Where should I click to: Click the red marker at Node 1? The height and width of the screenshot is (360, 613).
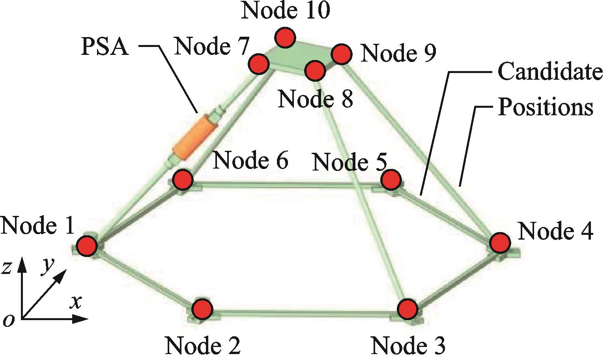(87, 246)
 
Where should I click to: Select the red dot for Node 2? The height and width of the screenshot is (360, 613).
(202, 308)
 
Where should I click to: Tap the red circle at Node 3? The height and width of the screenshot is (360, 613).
(407, 308)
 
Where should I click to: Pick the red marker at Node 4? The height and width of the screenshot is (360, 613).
(500, 242)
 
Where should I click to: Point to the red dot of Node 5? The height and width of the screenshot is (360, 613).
(391, 180)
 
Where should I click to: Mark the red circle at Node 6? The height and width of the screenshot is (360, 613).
(183, 180)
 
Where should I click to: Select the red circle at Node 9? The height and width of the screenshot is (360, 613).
(341, 54)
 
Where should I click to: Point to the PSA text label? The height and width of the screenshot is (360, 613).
(105, 47)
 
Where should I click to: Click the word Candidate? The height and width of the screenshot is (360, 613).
(550, 72)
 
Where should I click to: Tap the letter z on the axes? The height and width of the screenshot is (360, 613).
(7, 268)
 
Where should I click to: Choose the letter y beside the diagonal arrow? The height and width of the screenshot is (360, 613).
(47, 267)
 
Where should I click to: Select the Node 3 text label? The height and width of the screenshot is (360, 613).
(408, 345)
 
